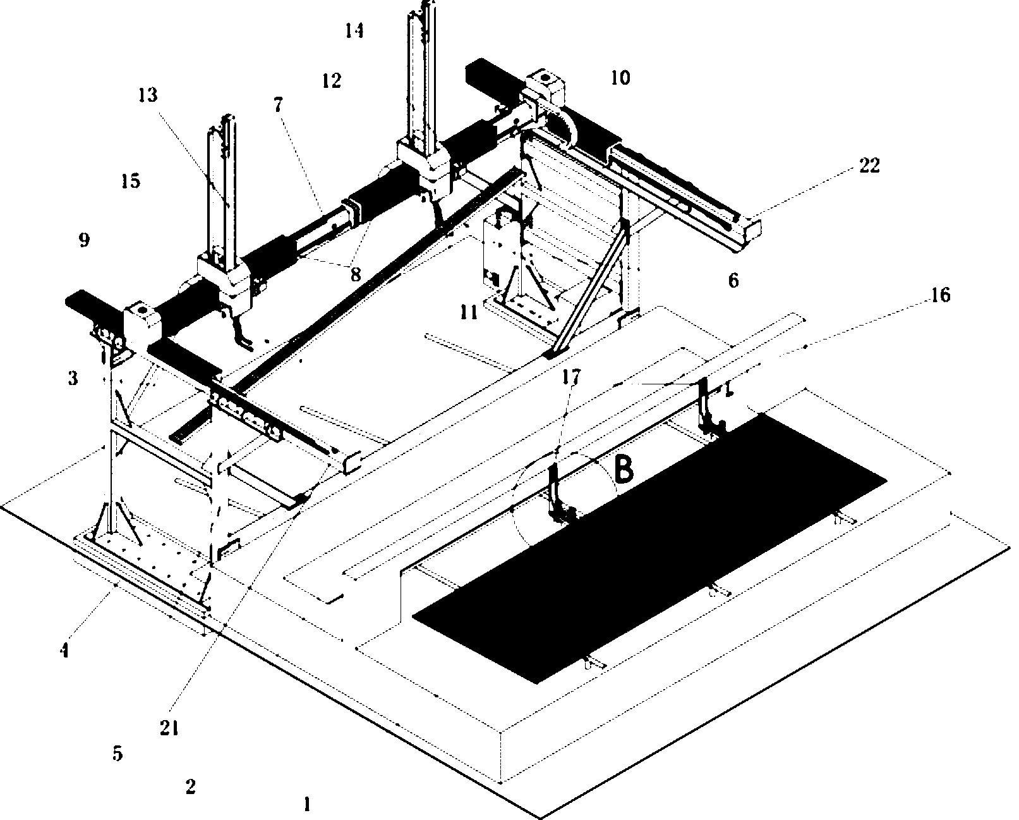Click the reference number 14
point(354,31)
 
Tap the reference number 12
point(332,81)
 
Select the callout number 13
point(148,95)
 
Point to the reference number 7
point(278,105)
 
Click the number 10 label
point(621,77)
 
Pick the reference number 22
point(869,166)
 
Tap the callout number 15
point(131,181)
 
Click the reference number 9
point(84,240)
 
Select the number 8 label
point(356,274)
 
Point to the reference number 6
point(733,281)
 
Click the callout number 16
point(941,295)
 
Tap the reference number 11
point(469,313)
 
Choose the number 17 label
point(571,377)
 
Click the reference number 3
point(73,378)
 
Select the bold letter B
point(624,468)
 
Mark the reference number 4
point(64,651)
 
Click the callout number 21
point(169,728)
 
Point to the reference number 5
point(118,753)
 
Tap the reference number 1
point(307,804)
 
